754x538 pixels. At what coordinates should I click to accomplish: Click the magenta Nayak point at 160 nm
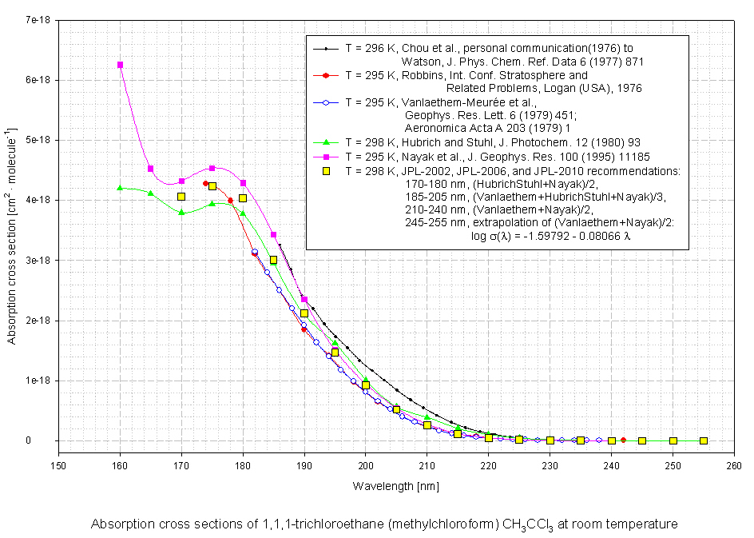(120, 65)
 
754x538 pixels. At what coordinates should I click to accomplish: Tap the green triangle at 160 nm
(120, 188)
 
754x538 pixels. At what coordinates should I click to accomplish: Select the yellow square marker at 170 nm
(181, 197)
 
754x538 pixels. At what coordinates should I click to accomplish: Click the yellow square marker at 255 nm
(704, 440)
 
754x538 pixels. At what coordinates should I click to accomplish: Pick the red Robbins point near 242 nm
(624, 440)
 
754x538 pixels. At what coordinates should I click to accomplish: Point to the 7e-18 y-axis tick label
(38, 20)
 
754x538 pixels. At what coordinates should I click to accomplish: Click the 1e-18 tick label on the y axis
(38, 381)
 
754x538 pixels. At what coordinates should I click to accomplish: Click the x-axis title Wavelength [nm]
(395, 485)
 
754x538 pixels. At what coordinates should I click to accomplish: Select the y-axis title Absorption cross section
(12, 237)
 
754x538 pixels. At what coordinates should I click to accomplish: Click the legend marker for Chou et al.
(326, 49)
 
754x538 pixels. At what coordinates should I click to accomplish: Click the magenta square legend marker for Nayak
(326, 157)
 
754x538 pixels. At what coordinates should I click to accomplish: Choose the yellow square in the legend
(326, 171)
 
